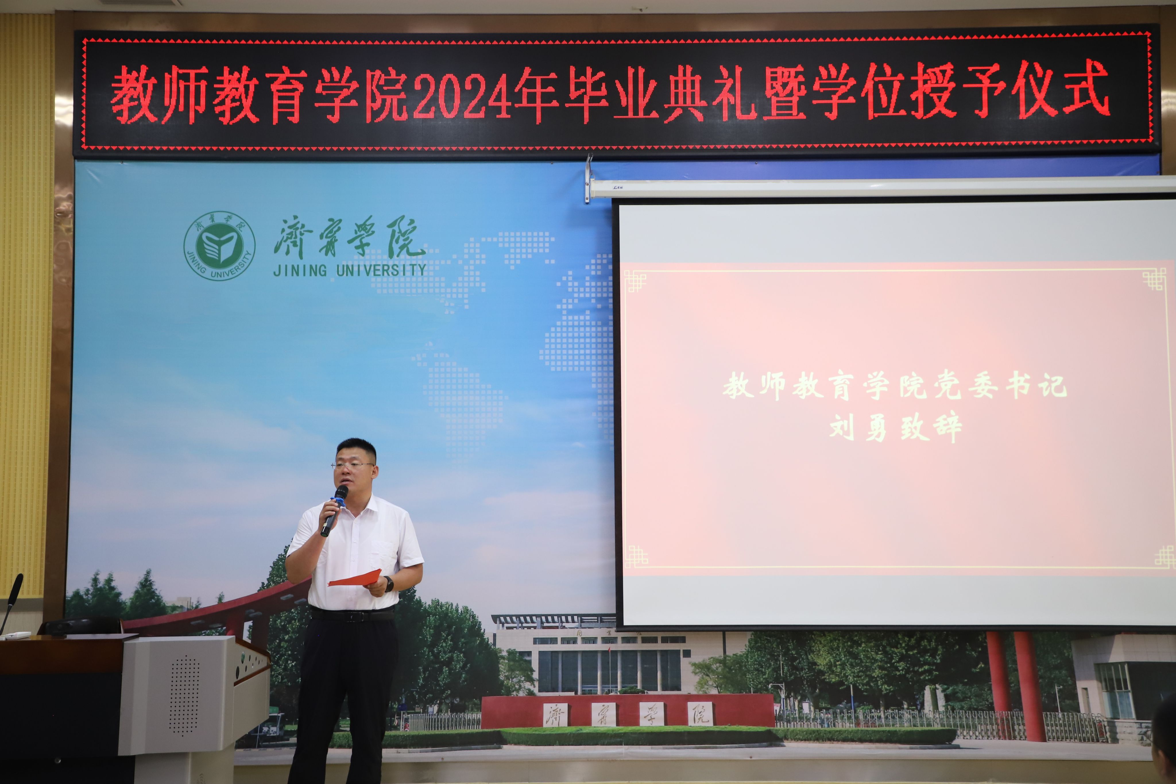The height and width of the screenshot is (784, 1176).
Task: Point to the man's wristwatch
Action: point(389,584)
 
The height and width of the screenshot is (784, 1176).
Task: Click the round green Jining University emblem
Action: point(219,246)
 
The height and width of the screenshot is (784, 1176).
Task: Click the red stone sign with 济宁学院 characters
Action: point(628,710)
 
